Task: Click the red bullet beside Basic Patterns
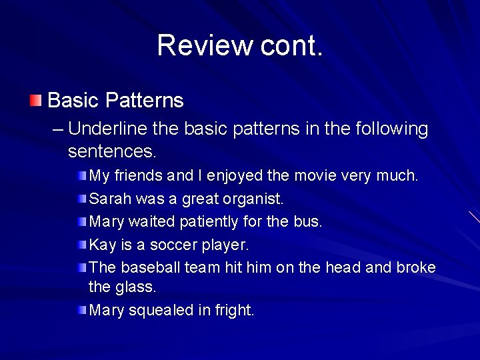tap(35, 101)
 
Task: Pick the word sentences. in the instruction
tap(112, 151)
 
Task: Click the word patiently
tap(211, 221)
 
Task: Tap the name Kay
tap(102, 244)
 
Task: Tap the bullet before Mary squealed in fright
tap(81, 309)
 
